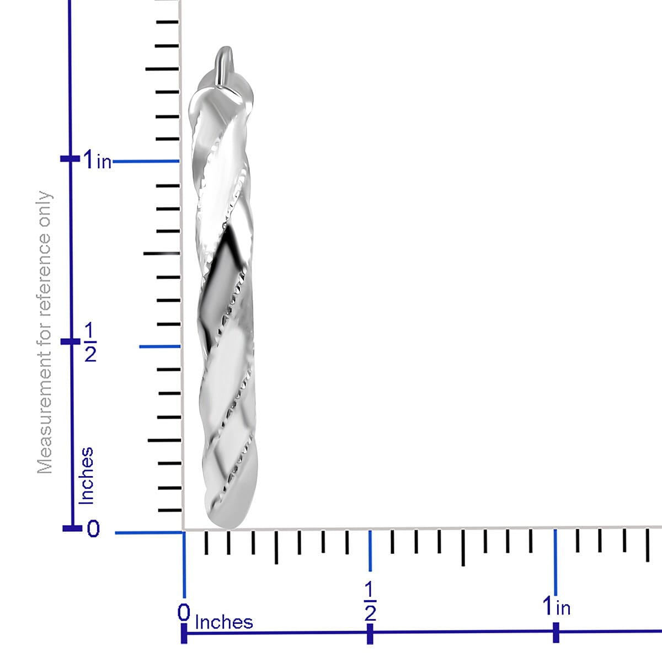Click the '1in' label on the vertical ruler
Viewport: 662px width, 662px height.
click(x=98, y=159)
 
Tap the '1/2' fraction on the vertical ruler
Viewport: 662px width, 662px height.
click(x=90, y=342)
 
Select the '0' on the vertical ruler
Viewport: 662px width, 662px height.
click(x=93, y=528)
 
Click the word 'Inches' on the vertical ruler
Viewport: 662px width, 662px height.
click(x=86, y=476)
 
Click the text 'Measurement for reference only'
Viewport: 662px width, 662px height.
click(x=45, y=332)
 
